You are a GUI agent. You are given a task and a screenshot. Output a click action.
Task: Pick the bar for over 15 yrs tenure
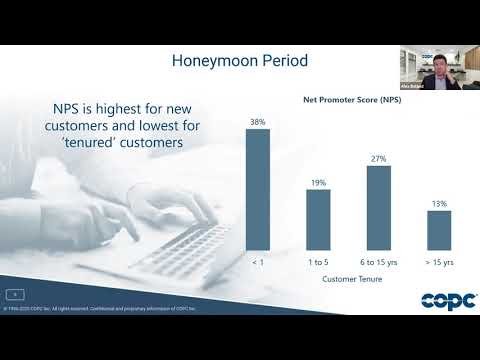point(439,230)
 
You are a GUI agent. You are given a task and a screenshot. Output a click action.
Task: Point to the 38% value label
point(258,123)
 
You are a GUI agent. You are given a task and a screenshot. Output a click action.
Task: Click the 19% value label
point(318,183)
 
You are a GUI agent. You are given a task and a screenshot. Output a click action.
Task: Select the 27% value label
point(378,158)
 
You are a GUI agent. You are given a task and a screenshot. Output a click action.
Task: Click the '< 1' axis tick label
point(258,261)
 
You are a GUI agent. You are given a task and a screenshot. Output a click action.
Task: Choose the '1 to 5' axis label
point(318,261)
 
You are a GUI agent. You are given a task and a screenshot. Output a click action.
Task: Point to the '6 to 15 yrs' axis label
point(378,261)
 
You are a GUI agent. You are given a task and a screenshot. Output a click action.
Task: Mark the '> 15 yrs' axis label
point(439,261)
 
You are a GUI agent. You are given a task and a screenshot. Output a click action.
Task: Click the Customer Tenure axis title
point(348,281)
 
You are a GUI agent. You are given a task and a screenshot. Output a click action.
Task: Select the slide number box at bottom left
point(16,294)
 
